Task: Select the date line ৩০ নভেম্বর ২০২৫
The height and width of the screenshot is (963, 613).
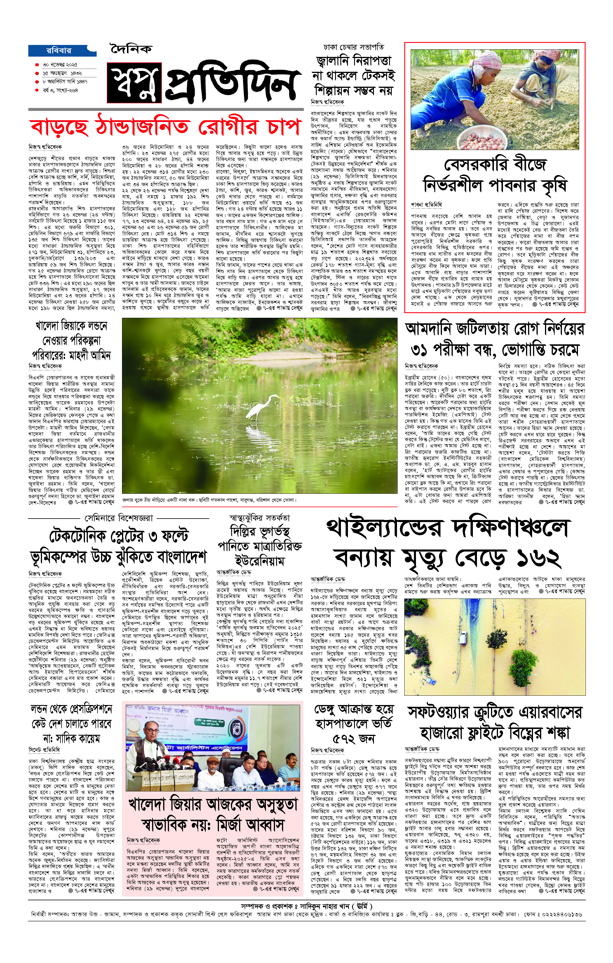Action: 60,65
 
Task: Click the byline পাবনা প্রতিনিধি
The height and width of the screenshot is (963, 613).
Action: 426,205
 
